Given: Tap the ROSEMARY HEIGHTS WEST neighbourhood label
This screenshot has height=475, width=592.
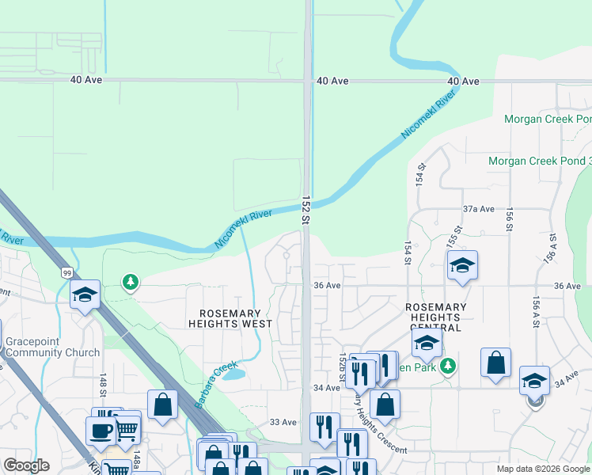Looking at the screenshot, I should coord(230,317).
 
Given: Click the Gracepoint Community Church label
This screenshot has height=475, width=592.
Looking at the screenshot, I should coord(52,347).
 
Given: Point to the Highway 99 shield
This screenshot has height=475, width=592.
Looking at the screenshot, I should coord(66,273).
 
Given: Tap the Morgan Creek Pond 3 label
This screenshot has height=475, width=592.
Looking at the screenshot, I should coord(540,161).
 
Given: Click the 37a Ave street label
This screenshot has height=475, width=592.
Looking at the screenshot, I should coord(478,209).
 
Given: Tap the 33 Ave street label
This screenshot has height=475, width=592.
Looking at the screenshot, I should coord(283,422).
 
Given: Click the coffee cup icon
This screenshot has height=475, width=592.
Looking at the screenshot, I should coord(101,430).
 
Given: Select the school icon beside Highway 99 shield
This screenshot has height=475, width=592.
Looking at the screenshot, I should coord(85,295).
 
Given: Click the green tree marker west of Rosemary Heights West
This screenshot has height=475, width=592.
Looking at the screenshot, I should coord(131,281).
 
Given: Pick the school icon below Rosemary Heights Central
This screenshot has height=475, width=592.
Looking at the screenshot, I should coord(426,344).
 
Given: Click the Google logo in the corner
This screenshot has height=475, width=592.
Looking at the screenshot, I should coord(26,465).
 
